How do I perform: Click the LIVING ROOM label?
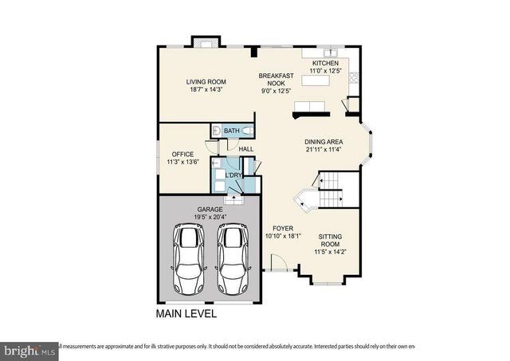(x=206, y=81)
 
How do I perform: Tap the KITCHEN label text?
(x=325, y=63)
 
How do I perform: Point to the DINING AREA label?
(x=324, y=142)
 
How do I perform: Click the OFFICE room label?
(x=177, y=154)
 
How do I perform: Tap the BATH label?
(x=231, y=131)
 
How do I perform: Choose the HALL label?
(x=246, y=149)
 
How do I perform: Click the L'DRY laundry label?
(x=233, y=175)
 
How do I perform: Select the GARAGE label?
(x=210, y=210)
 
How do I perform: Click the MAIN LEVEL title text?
(x=186, y=315)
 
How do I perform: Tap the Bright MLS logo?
(x=29, y=349)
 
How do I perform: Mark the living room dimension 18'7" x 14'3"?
(x=206, y=89)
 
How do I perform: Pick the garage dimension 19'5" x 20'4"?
(x=210, y=218)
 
